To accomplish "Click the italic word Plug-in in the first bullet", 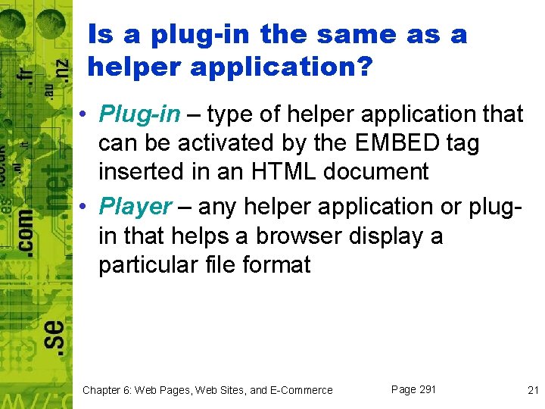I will pos(140,114).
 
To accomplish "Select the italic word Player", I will pos(136,206).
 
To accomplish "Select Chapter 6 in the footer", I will pos(109,390).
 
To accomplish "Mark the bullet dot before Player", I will pos(89,207).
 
